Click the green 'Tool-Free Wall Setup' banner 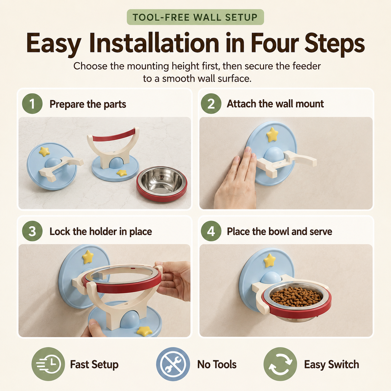click(195, 17)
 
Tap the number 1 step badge click(32, 104)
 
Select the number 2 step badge click(211, 104)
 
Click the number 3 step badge click(32, 231)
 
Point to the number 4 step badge click(211, 231)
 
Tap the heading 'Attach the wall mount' click(275, 104)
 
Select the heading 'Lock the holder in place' click(101, 232)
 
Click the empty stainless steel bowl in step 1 click(162, 184)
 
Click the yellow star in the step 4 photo click(270, 261)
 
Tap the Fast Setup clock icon click(48, 364)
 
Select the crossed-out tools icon click(173, 364)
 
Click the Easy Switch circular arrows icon click(280, 364)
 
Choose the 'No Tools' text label click(217, 364)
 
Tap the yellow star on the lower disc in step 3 click(144, 331)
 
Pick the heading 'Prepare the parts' click(88, 104)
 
